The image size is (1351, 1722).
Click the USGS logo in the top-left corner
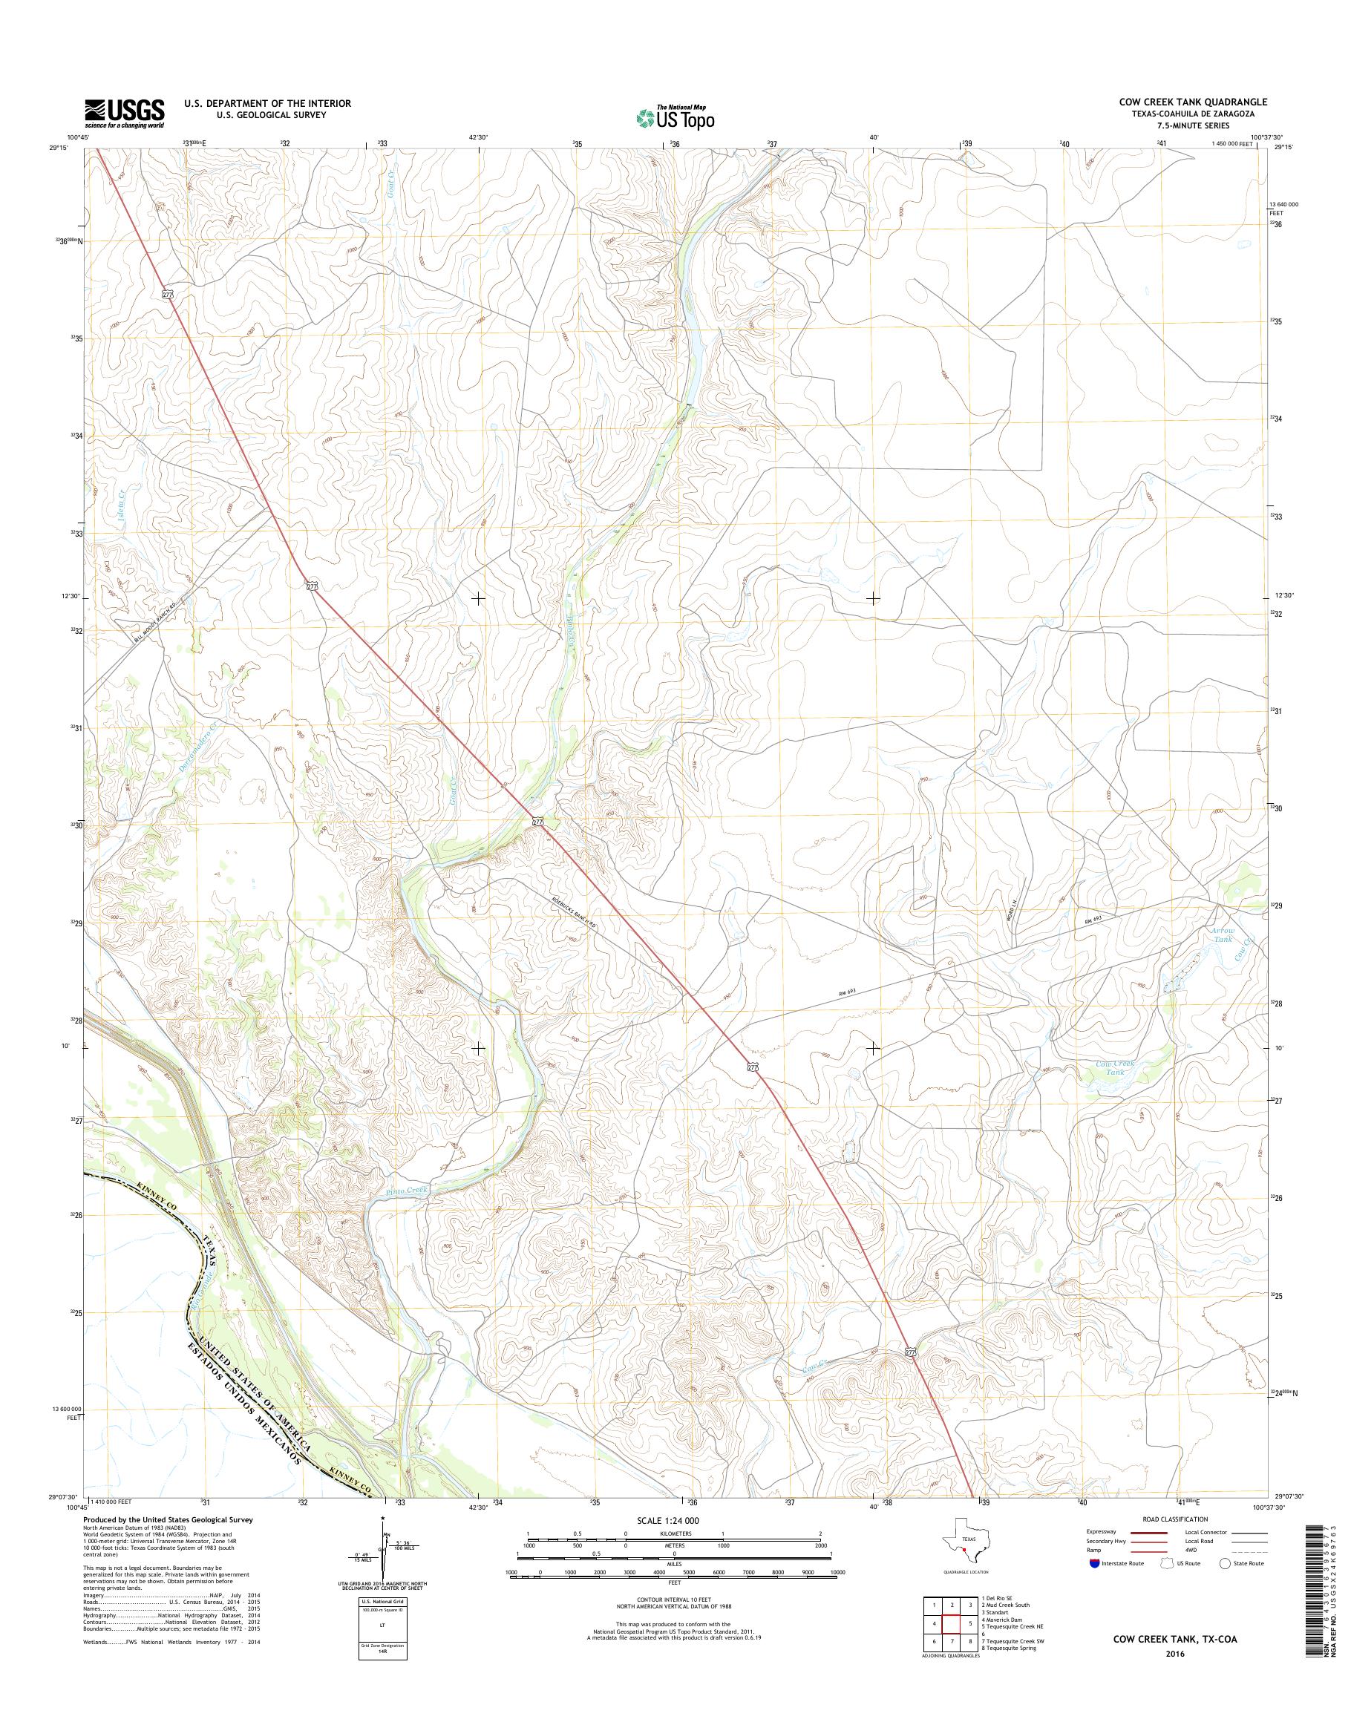(124, 114)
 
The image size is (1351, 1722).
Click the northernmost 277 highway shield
(167, 294)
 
